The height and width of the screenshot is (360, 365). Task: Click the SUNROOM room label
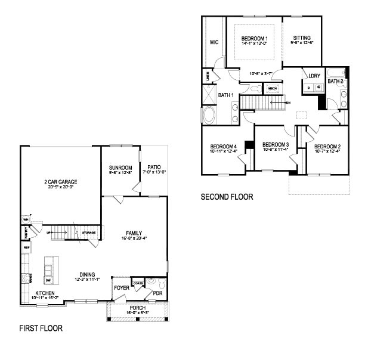coord(119,167)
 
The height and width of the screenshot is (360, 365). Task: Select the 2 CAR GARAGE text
coord(60,182)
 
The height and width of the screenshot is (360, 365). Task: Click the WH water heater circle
coord(26,218)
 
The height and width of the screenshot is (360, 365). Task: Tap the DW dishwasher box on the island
coord(48,280)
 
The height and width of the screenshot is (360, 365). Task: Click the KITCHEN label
coord(45,293)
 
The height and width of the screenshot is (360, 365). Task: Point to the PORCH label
coord(137,308)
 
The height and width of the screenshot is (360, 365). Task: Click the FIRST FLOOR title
coord(41,328)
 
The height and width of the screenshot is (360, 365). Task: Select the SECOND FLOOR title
coord(227,196)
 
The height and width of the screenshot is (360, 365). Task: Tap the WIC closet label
coord(214,42)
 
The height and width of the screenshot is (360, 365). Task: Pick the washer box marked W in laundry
coord(318,88)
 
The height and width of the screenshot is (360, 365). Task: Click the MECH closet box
coord(273,89)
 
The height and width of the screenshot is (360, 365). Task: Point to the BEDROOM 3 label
coord(276,144)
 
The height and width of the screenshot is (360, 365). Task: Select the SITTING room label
coord(302,38)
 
